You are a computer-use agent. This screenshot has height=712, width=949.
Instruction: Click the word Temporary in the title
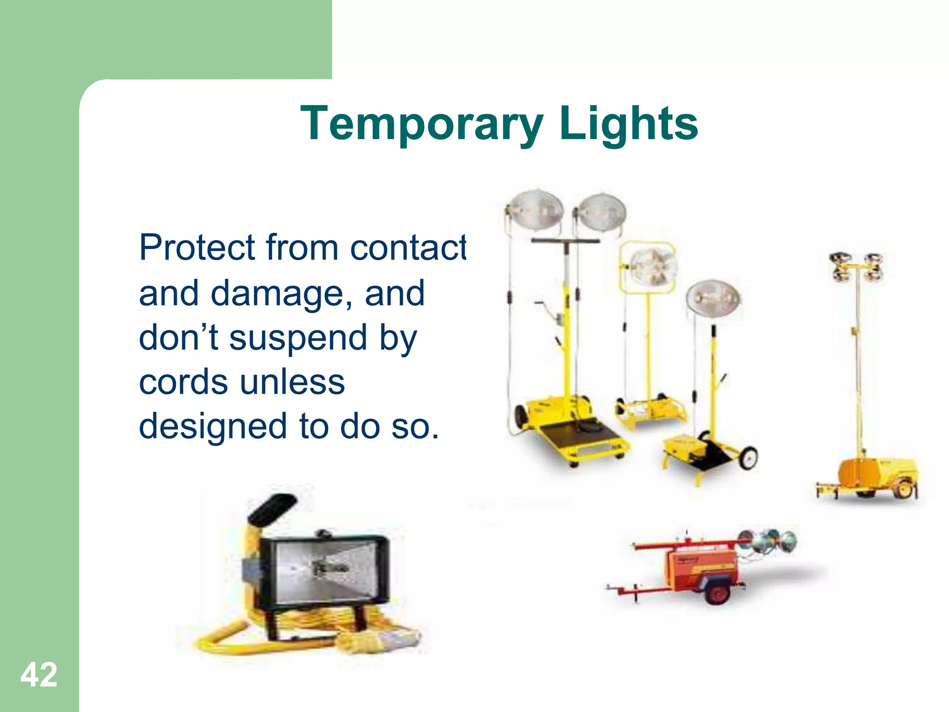(421, 124)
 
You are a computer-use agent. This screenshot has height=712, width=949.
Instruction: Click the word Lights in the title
(628, 124)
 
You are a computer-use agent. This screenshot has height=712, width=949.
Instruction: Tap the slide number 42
(39, 674)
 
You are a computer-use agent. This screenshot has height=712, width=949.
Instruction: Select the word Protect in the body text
(197, 248)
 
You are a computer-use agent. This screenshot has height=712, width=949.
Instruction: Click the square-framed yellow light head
(648, 267)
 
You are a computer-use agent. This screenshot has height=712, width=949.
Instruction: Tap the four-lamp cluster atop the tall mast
(856, 267)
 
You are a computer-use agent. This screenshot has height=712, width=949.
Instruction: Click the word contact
(408, 248)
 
